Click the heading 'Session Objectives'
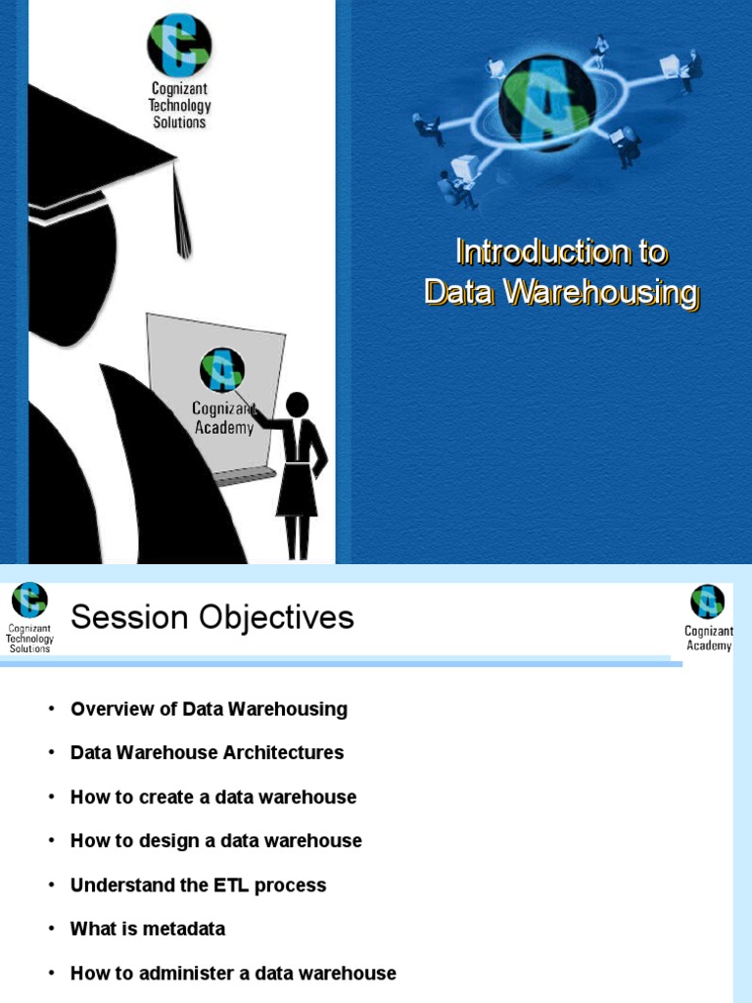click(212, 618)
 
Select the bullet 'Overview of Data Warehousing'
click(209, 709)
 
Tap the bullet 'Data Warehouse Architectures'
click(207, 753)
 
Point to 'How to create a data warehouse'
click(213, 797)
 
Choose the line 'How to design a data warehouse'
click(215, 841)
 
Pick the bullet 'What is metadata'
click(148, 930)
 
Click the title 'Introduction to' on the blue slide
click(561, 253)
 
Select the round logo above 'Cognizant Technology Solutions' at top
click(179, 45)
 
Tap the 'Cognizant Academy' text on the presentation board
click(223, 417)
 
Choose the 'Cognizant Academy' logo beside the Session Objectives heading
click(708, 616)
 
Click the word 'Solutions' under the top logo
click(179, 122)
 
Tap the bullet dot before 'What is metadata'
click(51, 930)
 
